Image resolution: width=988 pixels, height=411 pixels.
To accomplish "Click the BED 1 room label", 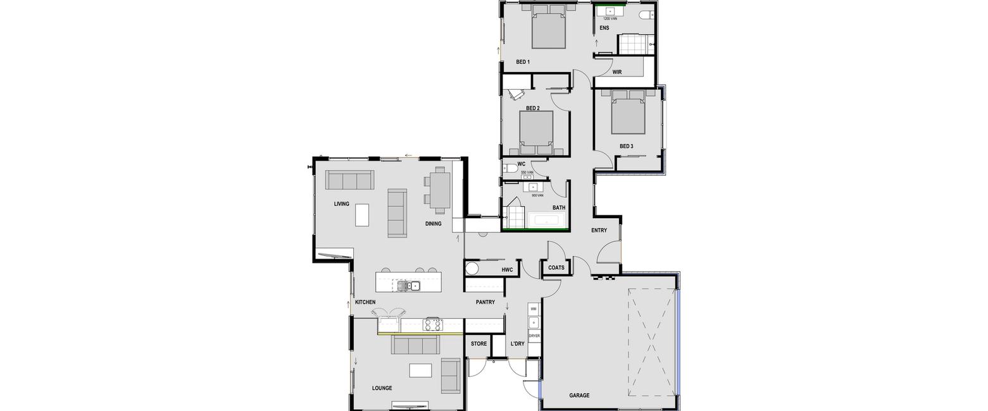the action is click(x=523, y=62).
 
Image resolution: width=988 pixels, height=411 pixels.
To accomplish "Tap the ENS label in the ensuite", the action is click(x=604, y=28).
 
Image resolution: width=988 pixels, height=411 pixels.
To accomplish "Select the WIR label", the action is click(x=617, y=72).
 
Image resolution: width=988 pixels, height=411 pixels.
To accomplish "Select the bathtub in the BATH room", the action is click(x=546, y=220).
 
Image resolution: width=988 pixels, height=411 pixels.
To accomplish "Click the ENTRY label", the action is click(x=599, y=230).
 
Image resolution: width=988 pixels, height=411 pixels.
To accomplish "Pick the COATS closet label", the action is click(x=556, y=268).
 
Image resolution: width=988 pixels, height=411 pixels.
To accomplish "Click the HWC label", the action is click(x=507, y=270).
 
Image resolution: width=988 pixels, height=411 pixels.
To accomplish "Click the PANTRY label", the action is click(x=485, y=303).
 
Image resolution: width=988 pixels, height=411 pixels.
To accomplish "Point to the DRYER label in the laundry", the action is click(x=534, y=336).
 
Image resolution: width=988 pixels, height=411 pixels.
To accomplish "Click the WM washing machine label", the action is click(x=534, y=309).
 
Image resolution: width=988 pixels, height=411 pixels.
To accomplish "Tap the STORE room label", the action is click(x=478, y=344).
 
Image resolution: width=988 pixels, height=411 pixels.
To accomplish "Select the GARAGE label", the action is click(x=579, y=396).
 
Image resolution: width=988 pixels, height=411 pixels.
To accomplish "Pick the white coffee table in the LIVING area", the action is click(x=362, y=214).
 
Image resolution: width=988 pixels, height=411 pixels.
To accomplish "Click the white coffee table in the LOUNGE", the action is click(x=420, y=370).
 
